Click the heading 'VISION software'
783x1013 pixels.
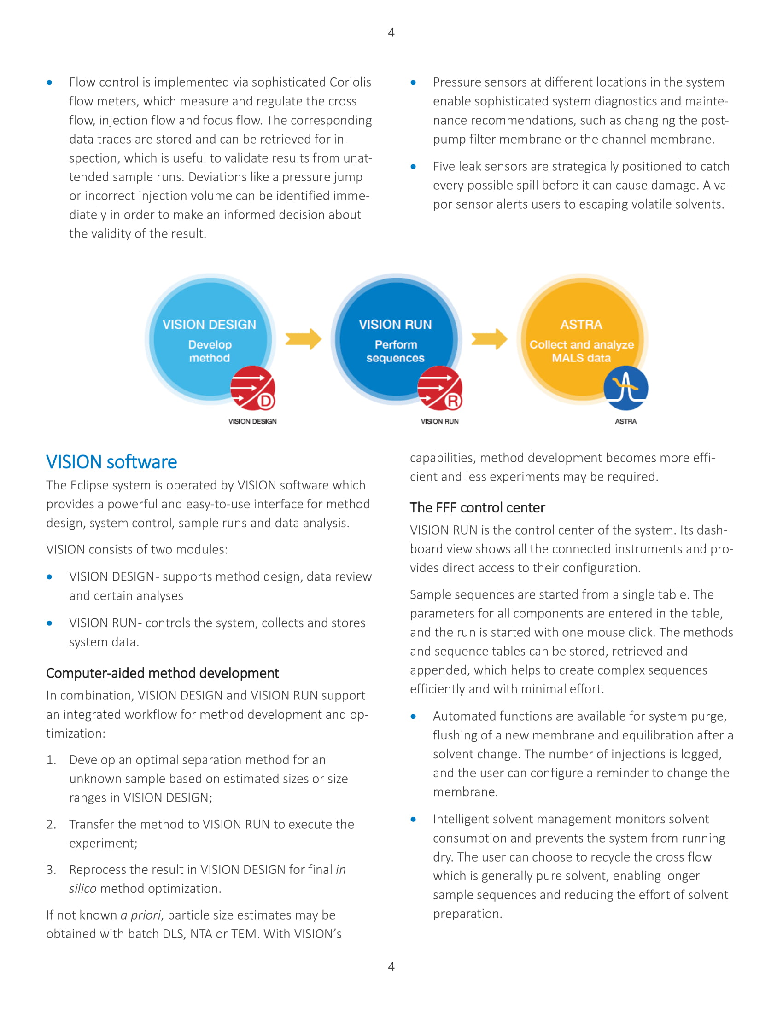click(111, 462)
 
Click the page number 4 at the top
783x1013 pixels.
click(391, 33)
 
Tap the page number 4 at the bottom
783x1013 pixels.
click(391, 966)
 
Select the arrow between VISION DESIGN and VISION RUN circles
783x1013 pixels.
click(303, 339)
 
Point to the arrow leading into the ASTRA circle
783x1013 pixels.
click(489, 339)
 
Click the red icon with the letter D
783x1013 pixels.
click(253, 388)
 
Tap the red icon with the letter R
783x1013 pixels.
click(440, 388)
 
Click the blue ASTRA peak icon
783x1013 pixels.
click(626, 388)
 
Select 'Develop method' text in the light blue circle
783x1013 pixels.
click(210, 351)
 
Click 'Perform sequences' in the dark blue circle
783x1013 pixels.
click(395, 351)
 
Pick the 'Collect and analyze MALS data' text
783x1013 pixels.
click(582, 351)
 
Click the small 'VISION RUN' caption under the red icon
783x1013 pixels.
click(440, 421)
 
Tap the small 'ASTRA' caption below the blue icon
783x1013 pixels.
click(626, 421)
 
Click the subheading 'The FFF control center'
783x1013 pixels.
click(477, 508)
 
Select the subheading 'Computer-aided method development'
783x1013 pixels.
click(162, 673)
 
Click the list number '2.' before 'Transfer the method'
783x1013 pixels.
click(52, 824)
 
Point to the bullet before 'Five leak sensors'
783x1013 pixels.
click(413, 167)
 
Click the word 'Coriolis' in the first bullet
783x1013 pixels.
click(350, 82)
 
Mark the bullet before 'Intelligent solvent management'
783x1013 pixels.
click(413, 819)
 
